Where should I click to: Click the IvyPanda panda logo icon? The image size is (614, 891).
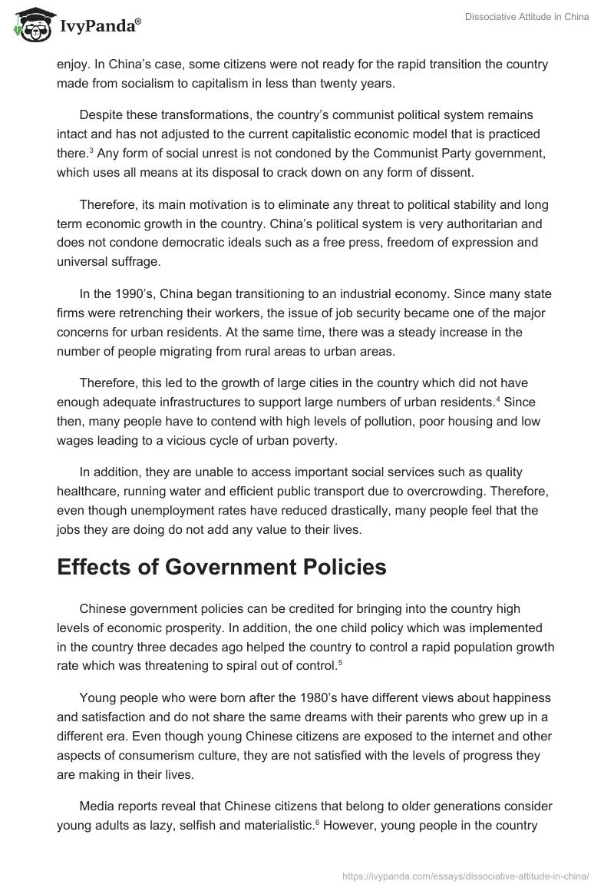(x=29, y=25)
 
